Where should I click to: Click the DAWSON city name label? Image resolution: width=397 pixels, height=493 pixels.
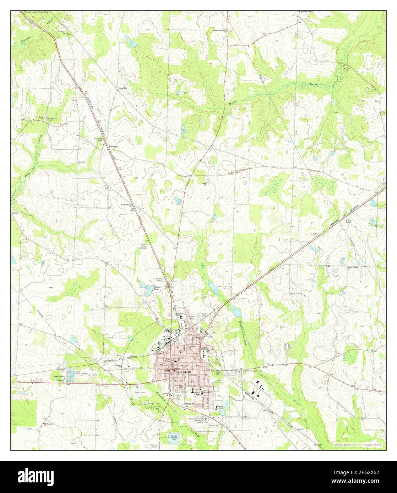(x=184, y=372)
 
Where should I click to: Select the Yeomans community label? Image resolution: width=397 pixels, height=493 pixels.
(x=113, y=146)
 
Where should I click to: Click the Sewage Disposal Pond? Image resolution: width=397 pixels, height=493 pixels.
(x=174, y=438)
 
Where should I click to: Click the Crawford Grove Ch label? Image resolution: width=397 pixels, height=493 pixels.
(x=219, y=31)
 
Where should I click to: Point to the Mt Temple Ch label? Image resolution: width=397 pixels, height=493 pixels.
(x=47, y=424)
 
